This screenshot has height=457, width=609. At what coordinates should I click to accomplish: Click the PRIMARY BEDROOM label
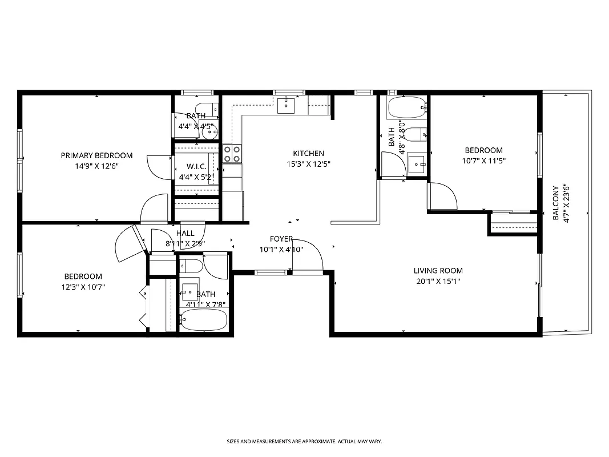tap(96, 155)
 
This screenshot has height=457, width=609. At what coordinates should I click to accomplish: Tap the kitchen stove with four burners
tap(232, 153)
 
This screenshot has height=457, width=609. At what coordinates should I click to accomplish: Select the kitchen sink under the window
tap(287, 105)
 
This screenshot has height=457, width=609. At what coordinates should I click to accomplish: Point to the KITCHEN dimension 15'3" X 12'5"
tap(308, 164)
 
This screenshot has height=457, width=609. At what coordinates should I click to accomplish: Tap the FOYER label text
tap(281, 239)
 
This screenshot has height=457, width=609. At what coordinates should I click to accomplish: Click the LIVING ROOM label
tap(438, 271)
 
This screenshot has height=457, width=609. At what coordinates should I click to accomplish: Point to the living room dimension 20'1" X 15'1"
tap(438, 281)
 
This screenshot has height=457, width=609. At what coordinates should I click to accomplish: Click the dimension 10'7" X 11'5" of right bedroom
tap(483, 161)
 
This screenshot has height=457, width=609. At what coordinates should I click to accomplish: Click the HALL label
tap(185, 233)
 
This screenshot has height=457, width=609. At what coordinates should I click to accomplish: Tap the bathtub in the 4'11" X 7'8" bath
tap(204, 320)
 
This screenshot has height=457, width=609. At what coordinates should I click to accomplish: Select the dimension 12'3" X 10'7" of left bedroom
tap(83, 287)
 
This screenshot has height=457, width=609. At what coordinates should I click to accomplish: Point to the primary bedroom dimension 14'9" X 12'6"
tap(96, 166)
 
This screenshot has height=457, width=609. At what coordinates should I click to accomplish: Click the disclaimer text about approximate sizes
tap(304, 442)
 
